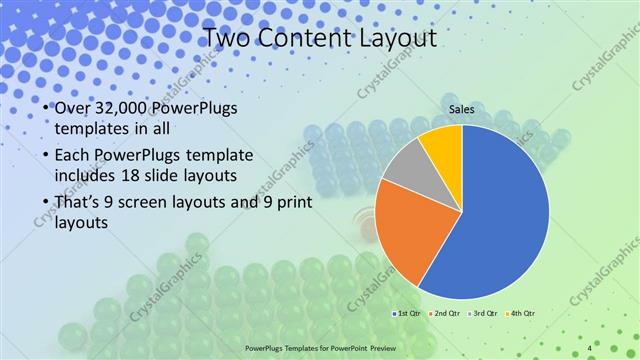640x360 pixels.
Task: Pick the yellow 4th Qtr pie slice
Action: point(441,145)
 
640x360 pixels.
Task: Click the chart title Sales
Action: point(461,109)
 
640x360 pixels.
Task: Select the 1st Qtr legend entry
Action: point(408,314)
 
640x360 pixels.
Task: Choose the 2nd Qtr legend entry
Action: point(446,314)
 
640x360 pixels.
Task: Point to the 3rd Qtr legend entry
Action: point(484,314)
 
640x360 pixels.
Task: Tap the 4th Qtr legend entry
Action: point(522,314)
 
